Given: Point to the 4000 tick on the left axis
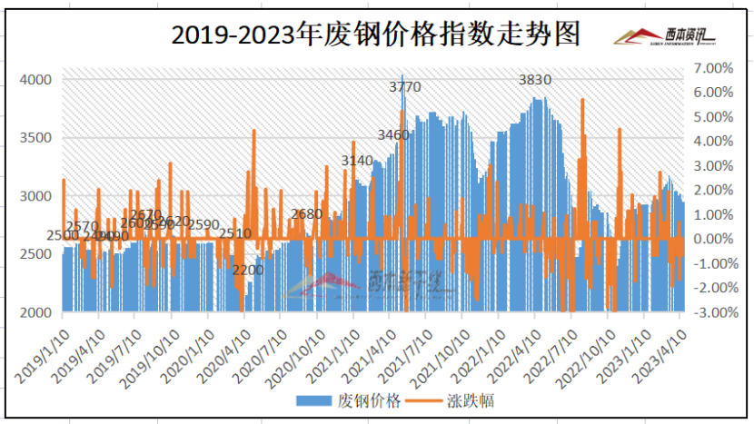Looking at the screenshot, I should pyautogui.click(x=37, y=80).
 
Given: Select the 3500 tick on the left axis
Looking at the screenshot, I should pyautogui.click(x=37, y=138).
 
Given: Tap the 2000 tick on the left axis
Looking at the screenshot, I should pyautogui.click(x=37, y=312).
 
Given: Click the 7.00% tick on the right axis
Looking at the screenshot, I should pyautogui.click(x=713, y=68).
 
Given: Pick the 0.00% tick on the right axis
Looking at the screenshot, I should pyautogui.click(x=713, y=239).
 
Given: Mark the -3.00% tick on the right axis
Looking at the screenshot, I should pyautogui.click(x=711, y=312).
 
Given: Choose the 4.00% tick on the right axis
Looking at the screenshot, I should pyautogui.click(x=713, y=142).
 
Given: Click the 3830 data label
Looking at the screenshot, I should pyautogui.click(x=535, y=80).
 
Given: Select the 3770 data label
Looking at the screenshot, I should pyautogui.click(x=405, y=87).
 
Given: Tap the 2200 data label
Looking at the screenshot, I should pyautogui.click(x=247, y=270).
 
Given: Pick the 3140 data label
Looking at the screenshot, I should pyautogui.click(x=357, y=161).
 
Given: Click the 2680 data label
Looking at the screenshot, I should pyautogui.click(x=307, y=214).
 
